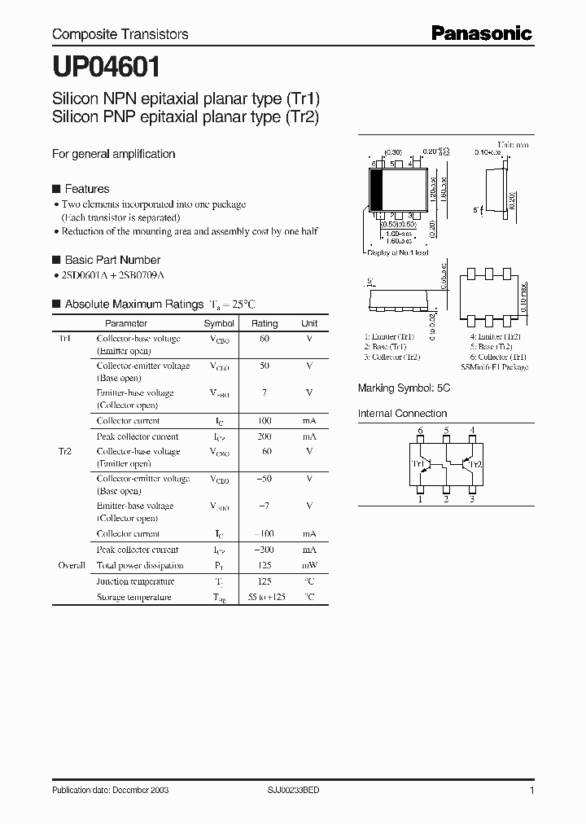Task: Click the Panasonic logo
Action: click(481, 33)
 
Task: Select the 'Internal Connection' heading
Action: click(402, 414)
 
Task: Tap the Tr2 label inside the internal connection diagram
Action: click(475, 464)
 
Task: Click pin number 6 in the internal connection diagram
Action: click(420, 430)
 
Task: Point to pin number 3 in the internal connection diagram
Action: click(471, 499)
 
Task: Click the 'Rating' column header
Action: click(265, 323)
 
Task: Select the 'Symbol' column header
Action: click(219, 323)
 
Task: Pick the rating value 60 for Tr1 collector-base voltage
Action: click(265, 338)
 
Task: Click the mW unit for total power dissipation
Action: click(309, 565)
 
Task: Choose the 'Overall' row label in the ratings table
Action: click(72, 565)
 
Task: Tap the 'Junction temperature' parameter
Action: click(135, 581)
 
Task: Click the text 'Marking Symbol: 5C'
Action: click(404, 389)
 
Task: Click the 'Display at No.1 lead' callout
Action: click(398, 252)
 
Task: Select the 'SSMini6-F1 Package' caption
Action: click(494, 367)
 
